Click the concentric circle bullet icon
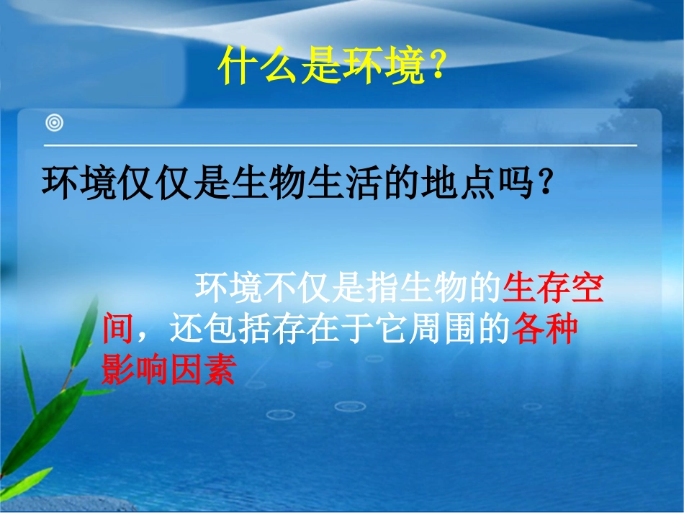coord(54,124)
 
